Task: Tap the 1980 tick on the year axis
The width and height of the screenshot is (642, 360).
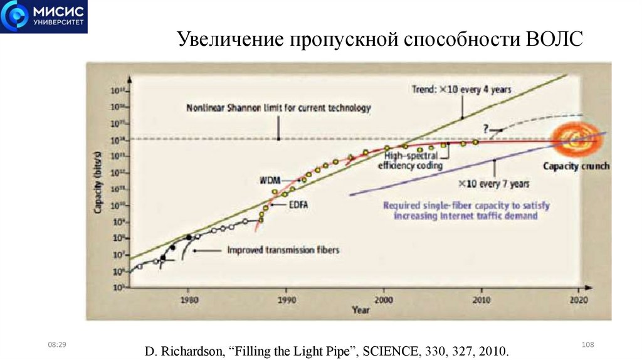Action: coord(187,299)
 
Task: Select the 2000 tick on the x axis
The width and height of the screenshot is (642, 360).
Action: coord(384,299)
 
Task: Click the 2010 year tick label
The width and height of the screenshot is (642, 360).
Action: coord(481,299)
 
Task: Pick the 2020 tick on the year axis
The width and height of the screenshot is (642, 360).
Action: coord(579,299)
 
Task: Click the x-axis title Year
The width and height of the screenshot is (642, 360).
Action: coord(360,309)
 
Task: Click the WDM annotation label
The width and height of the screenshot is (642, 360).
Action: coord(270,181)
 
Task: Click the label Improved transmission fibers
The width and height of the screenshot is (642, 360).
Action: coord(282,250)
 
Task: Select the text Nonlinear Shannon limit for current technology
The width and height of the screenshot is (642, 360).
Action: coord(278,108)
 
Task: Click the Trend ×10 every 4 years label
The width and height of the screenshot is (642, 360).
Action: coord(461,89)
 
